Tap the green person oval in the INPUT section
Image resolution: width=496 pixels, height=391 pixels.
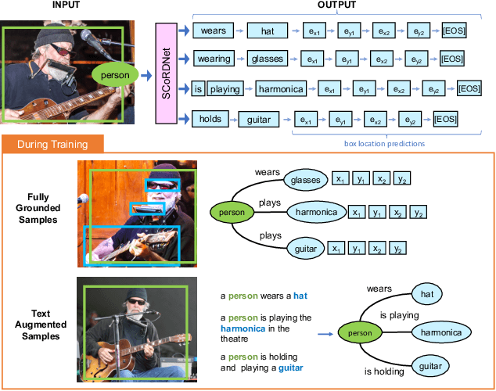pyautogui.click(x=115, y=74)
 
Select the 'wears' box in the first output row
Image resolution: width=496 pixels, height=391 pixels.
pyautogui.click(x=213, y=31)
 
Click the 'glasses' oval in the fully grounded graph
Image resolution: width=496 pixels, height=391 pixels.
pyautogui.click(x=306, y=180)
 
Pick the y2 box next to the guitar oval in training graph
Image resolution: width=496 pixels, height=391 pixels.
pyautogui.click(x=399, y=249)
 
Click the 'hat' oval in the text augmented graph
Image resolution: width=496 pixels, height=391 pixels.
pyautogui.click(x=426, y=294)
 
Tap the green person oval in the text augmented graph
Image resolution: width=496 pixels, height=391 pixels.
pyautogui.click(x=361, y=333)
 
